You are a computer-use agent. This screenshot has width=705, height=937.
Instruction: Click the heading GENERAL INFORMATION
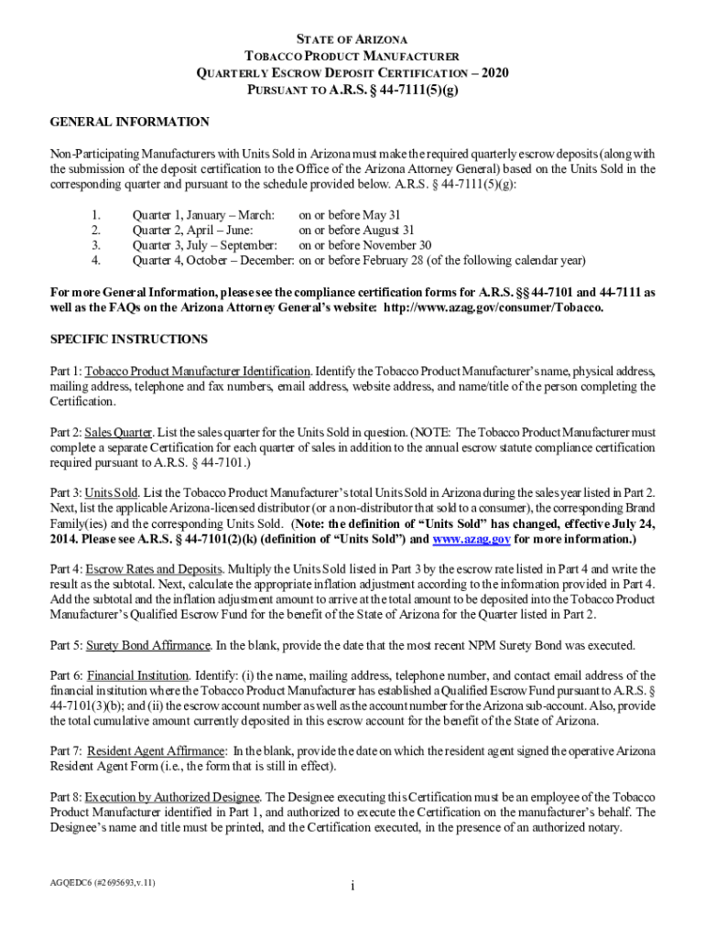[129, 122]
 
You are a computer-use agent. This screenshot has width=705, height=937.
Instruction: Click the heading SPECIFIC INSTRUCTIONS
[129, 339]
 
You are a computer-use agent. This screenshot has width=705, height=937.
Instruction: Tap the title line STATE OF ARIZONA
[352, 39]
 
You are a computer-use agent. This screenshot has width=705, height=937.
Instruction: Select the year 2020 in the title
[494, 72]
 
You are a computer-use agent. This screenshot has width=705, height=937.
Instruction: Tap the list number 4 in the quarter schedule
[96, 260]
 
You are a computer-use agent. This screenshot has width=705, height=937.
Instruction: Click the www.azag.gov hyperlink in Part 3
[472, 539]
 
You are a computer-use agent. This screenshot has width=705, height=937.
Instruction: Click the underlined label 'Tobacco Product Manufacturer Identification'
[198, 372]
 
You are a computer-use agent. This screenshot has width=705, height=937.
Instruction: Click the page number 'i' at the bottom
[352, 886]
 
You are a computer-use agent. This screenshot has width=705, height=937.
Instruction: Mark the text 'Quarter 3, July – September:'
[205, 245]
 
